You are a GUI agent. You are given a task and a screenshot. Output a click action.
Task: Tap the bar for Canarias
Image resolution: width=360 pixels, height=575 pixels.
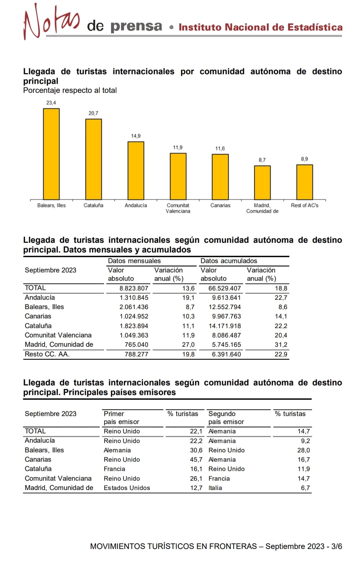pos(220,177)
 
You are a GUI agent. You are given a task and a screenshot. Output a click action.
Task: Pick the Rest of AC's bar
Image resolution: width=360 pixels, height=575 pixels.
pos(305,182)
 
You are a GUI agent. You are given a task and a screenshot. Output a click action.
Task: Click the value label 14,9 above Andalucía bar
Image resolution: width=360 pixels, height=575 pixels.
pos(136,136)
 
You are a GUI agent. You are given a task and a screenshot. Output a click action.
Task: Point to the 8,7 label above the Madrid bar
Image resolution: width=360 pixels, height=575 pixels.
pos(262,160)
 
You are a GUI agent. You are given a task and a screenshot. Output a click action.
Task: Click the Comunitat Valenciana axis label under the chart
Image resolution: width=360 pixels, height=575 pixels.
pos(178,208)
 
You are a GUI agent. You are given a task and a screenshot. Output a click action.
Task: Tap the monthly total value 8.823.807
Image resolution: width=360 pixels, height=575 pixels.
pos(134,288)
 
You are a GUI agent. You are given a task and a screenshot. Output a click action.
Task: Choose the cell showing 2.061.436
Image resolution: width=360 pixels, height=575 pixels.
pos(134,307)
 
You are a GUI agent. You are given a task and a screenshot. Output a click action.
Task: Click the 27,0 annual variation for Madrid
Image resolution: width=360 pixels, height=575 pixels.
pos(188,344)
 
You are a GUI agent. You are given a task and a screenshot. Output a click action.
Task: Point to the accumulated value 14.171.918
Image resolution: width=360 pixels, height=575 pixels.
pos(225,326)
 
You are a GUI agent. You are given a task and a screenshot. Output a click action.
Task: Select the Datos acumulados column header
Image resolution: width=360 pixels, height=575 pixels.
pos(229,261)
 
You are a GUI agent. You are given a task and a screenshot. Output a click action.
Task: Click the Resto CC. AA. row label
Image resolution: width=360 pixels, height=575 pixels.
pos(47,354)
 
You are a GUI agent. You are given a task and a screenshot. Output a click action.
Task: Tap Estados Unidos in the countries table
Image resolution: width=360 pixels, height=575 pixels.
pos(127,488)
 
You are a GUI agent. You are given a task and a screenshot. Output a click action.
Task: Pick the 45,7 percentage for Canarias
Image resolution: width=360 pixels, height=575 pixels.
pos(196,459)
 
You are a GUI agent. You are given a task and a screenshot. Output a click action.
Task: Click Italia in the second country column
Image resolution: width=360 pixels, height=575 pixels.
pos(215,488)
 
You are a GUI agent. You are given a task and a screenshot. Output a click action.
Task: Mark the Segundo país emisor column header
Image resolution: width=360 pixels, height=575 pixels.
pos(226,418)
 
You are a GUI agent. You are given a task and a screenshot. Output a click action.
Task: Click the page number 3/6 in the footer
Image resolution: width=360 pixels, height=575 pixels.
pos(336,546)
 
